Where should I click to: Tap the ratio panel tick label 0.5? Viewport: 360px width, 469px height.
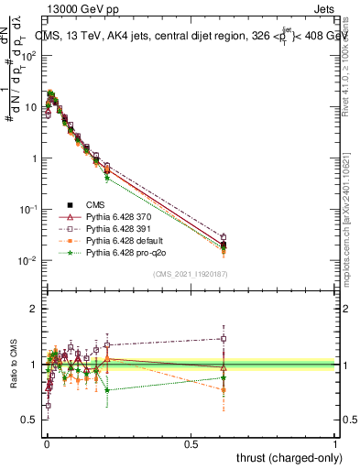coord(30,420)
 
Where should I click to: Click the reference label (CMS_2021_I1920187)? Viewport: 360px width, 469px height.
coord(190,274)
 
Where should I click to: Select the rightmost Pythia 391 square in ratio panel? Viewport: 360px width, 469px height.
coord(223,338)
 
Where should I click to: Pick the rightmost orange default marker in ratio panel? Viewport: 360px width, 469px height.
coord(223,389)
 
